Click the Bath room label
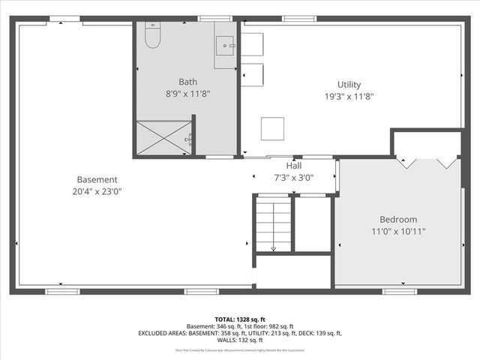point(187,82)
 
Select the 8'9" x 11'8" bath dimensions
point(187,94)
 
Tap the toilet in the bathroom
point(152,35)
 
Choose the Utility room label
point(349,84)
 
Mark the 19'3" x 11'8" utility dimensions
point(349,96)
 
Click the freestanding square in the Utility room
point(272,128)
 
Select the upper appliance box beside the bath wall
point(252,44)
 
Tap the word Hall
point(295,166)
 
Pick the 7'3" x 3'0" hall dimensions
point(295,178)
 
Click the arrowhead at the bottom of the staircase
point(273,248)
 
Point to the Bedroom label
point(398,219)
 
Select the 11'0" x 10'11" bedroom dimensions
point(398,231)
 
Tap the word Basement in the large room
point(97,179)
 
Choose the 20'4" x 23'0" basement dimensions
point(97,191)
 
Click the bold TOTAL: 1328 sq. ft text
point(240,319)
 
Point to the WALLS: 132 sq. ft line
point(240,340)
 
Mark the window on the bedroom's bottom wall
point(399,290)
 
